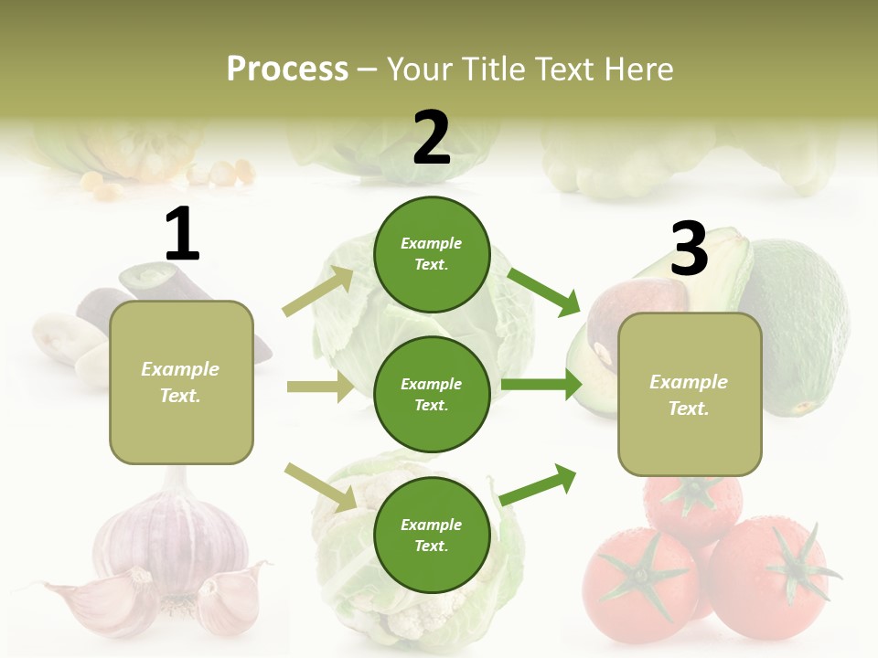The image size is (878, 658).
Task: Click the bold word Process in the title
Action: tap(287, 69)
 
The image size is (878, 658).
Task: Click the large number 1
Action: tap(182, 235)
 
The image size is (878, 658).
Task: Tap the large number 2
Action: tap(432, 138)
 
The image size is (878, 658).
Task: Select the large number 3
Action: tap(689, 249)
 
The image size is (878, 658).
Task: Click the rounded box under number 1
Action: tap(181, 382)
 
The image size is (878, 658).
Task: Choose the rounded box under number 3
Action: tap(690, 395)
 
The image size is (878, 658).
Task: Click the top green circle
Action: tap(432, 254)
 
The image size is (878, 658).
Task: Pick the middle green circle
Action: tap(432, 394)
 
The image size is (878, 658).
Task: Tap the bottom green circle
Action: tap(432, 535)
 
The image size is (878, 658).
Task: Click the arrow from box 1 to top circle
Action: tap(318, 292)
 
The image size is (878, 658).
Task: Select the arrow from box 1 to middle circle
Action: tap(320, 387)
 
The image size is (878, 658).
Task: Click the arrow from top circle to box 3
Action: tap(543, 292)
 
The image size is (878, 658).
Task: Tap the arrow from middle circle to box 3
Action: tap(541, 385)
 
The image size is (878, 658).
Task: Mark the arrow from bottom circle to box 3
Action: tap(538, 485)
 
